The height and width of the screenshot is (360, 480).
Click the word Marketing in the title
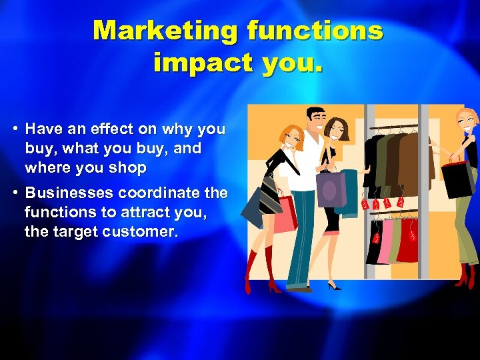pos(166,31)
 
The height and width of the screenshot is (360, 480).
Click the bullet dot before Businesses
pos(13,193)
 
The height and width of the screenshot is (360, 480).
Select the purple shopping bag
pos(331,189)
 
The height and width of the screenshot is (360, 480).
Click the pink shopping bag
pos(285,213)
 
